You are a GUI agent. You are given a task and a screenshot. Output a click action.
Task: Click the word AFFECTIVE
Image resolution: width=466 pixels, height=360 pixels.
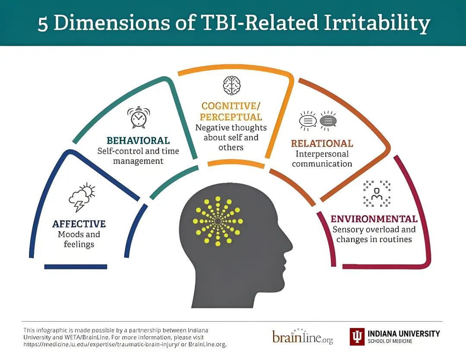tap(79, 224)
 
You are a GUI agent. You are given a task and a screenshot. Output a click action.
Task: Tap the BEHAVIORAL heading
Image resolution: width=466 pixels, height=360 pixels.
tap(138, 141)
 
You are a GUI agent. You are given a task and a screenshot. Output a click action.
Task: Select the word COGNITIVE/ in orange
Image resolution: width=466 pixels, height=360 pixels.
tap(231, 106)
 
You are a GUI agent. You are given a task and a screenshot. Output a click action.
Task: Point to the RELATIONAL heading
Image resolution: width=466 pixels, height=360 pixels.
tap(322, 143)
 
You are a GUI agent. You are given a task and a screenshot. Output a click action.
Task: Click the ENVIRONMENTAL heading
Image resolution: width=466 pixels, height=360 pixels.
tap(374, 219)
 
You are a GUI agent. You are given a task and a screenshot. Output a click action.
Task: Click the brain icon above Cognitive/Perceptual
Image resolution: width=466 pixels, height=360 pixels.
tap(232, 85)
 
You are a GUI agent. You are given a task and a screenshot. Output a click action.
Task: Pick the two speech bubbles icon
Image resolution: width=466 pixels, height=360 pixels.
tap(318, 120)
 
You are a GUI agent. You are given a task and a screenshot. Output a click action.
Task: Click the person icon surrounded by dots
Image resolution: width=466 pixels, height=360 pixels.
tap(377, 193)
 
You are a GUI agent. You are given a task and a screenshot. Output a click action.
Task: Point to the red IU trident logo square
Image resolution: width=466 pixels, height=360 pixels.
tap(356, 336)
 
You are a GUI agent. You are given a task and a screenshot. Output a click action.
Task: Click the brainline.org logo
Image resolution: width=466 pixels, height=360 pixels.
tap(302, 337)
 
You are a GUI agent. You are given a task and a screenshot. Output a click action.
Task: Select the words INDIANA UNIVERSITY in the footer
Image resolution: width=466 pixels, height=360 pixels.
tap(403, 333)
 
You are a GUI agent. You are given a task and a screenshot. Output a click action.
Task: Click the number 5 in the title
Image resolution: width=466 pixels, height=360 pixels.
tap(42, 24)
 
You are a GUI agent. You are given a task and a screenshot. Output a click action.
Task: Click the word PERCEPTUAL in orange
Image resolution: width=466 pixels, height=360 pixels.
tap(231, 117)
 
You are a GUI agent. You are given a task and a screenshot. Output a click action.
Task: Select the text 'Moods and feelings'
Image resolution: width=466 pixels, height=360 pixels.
tap(79, 239)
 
